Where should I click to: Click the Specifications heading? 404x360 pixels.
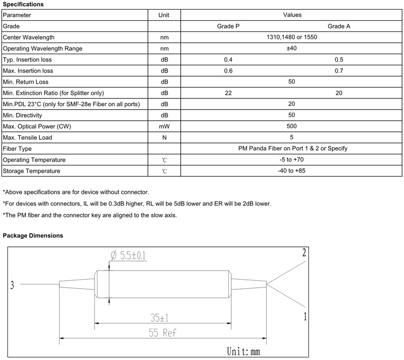pyautogui.click(x=23, y=5)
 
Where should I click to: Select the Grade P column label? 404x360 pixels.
pyautogui.click(x=228, y=26)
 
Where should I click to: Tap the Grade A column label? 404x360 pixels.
pyautogui.click(x=339, y=26)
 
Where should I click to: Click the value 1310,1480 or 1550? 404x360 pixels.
pyautogui.click(x=291, y=37)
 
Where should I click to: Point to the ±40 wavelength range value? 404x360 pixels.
pyautogui.click(x=291, y=48)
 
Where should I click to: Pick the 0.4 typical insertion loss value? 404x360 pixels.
pyautogui.click(x=228, y=60)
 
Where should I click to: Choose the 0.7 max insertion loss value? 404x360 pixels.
pyautogui.click(x=339, y=71)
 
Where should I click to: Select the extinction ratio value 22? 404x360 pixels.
pyautogui.click(x=228, y=93)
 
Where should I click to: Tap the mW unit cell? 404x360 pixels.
pyautogui.click(x=164, y=126)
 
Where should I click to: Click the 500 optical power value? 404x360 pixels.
pyautogui.click(x=291, y=126)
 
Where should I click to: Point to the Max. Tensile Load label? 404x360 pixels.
pyautogui.click(x=27, y=137)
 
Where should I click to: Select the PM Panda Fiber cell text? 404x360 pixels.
pyautogui.click(x=291, y=148)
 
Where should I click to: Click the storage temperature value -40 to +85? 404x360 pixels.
pyautogui.click(x=291, y=171)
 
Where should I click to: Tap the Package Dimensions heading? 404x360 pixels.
pyautogui.click(x=33, y=235)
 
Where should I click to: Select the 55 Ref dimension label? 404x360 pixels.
pyautogui.click(x=163, y=333)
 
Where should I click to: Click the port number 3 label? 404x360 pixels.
pyautogui.click(x=12, y=286)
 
